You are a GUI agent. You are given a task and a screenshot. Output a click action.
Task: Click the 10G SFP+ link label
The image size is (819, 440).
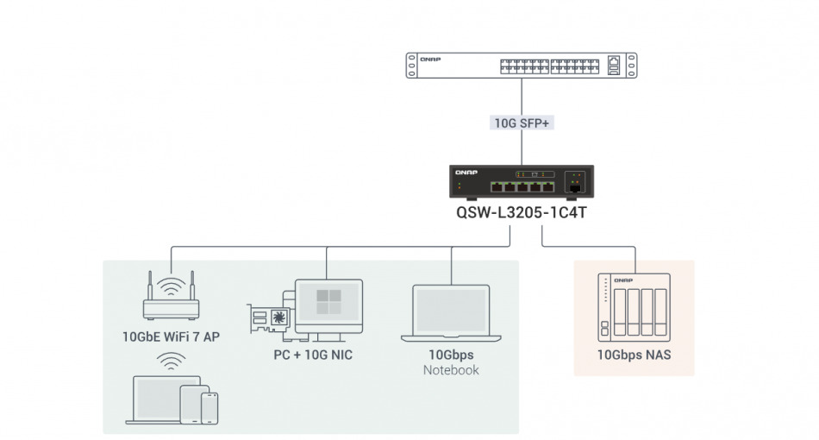[522, 123]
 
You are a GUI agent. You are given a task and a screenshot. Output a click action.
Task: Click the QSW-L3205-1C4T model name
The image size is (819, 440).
[522, 211]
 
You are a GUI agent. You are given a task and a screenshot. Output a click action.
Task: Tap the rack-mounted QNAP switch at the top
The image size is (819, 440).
[522, 66]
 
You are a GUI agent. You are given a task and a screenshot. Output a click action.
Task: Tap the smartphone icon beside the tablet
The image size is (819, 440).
[209, 407]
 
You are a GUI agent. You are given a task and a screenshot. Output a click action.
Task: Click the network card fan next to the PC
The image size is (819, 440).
[278, 317]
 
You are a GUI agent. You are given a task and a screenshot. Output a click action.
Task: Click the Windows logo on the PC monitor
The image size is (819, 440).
[329, 301]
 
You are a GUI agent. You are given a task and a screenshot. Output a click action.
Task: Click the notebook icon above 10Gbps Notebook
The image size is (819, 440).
[451, 312]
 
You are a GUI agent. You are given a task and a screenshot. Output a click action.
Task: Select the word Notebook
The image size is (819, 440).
[451, 370]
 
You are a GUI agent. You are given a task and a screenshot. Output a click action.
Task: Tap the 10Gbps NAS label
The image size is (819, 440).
[634, 355]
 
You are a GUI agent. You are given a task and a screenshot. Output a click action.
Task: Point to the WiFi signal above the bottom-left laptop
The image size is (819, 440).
[171, 360]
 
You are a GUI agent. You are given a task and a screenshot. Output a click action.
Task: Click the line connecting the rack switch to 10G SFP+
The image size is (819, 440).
[522, 95]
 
